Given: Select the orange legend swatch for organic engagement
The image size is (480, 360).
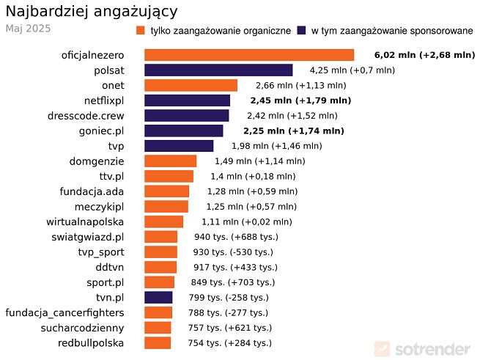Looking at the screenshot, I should click(141, 31).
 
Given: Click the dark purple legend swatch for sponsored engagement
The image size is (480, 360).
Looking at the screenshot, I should click(301, 31).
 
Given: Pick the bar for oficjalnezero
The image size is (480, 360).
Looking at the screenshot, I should click(249, 55).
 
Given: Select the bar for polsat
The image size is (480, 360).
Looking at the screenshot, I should click(218, 70).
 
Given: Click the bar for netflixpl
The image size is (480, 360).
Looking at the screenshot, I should click(187, 100).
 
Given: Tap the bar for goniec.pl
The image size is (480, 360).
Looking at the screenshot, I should click(183, 131).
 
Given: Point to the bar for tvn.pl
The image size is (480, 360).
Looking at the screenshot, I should click(158, 297).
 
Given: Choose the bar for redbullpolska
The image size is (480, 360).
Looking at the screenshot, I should click(158, 342).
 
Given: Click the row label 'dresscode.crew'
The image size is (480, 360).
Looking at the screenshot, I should click(86, 115).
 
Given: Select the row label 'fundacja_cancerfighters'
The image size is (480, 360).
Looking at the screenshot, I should click(64, 312).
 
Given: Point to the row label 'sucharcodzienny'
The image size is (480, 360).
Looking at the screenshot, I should click(82, 328).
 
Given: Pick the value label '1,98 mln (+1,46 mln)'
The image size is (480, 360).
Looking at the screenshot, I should click(278, 146).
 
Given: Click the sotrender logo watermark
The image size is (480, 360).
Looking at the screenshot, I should click(423, 348).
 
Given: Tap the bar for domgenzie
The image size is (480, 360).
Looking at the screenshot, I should click(170, 161).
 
